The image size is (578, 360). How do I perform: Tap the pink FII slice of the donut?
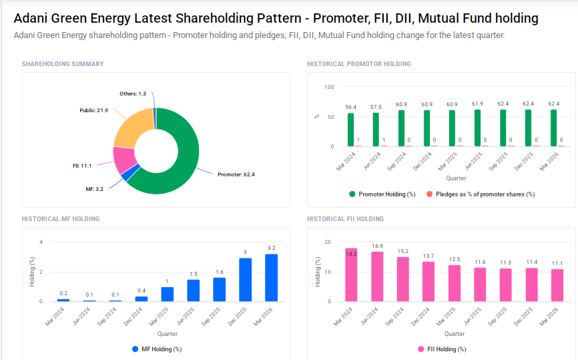(123, 159)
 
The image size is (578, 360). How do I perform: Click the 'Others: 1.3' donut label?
(133, 94)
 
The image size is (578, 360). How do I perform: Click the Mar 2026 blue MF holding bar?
(271, 278)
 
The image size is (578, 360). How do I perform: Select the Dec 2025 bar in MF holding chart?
(246, 280)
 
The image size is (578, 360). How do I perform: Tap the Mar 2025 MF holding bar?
(168, 294)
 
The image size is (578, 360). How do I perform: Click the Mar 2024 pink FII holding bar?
(351, 275)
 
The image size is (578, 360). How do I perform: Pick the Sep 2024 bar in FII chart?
(402, 279)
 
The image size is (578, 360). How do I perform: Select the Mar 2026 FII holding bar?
(557, 285)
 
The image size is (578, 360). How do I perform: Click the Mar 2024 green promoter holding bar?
(350, 130)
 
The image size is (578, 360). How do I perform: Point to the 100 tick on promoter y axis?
(328, 87)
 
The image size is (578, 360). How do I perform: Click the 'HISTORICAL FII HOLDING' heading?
(345, 219)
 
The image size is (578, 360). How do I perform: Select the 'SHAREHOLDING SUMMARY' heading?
(63, 64)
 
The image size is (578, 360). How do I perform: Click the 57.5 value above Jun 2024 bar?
(376, 107)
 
